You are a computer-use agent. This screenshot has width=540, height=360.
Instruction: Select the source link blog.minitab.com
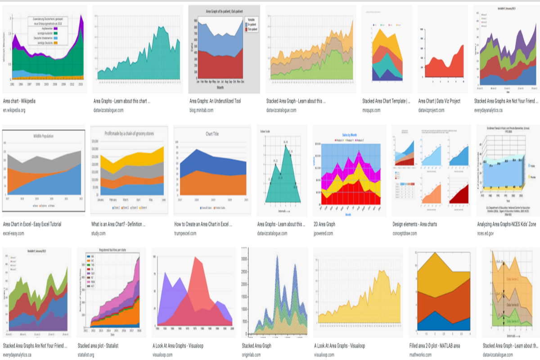[204, 110]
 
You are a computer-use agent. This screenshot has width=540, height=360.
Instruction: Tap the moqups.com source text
[373, 110]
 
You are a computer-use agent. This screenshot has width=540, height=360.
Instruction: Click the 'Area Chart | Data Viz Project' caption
[439, 101]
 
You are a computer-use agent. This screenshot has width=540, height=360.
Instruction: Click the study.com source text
[98, 233]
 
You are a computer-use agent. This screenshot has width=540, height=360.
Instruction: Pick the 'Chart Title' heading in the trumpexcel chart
[212, 134]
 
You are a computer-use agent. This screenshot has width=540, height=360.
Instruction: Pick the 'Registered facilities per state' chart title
[108, 250]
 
